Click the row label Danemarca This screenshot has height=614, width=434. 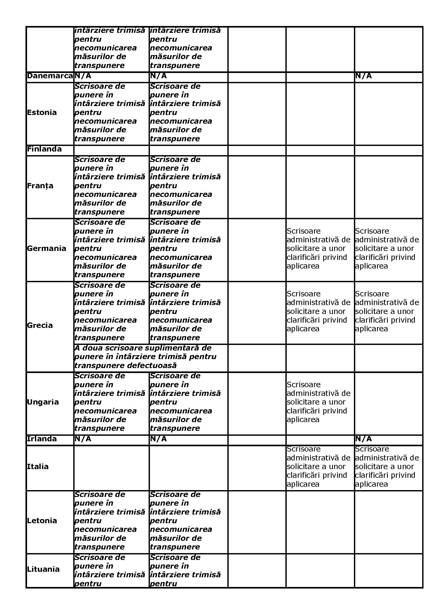coord(50,76)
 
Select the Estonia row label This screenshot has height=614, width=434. coord(42,113)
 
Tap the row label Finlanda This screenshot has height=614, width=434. coord(44,149)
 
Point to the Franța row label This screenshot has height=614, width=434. coord(40,186)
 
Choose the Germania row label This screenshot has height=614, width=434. coord(46,248)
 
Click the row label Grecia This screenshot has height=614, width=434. coord(40,326)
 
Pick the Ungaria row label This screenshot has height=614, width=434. coord(43,402)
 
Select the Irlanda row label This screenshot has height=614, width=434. coord(42,439)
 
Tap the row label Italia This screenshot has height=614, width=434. coord(38,467)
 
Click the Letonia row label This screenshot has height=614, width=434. coord(42,521)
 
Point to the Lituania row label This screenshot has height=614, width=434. coord(43,569)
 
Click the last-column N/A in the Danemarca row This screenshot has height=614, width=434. coord(363,76)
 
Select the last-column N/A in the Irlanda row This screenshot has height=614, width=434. coord(363,439)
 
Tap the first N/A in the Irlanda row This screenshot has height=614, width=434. coord(83,439)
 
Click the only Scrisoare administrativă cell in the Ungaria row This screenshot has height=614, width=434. coord(318,402)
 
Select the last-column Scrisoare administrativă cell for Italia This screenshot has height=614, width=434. coord(387,467)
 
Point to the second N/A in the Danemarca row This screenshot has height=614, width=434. coord(158,76)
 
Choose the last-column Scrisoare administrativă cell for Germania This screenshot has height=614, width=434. coord(387,248)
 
